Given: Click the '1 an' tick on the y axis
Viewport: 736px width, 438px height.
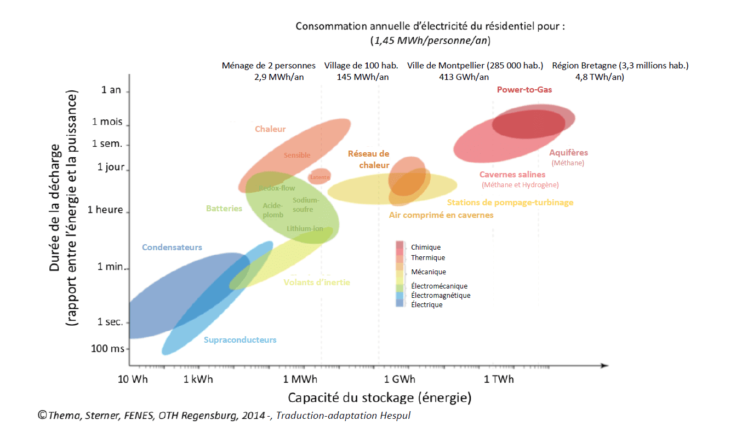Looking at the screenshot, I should point(111,90).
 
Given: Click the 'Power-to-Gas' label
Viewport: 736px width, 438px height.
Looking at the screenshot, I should point(524,90).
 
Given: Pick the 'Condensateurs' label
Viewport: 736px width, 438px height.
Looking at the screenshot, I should point(172,247).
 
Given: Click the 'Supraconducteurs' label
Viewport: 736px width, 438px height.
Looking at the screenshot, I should point(240,340).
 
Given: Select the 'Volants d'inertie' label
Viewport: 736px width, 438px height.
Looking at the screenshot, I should point(316,283).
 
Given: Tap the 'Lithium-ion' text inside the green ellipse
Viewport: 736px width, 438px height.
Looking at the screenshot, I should point(305,228).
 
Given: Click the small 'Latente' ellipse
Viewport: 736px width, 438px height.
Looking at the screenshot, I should point(319,177).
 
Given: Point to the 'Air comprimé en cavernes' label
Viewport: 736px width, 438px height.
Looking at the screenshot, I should point(441,215).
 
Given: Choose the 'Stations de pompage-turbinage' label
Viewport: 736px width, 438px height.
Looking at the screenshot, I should point(510,203).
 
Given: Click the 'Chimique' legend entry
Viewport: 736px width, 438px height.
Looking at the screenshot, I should point(425,247).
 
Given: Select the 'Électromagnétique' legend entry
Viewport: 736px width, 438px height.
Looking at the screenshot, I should point(440,296).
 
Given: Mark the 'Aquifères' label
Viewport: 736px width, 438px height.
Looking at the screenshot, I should point(568,153).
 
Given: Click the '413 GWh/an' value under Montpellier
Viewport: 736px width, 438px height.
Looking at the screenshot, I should point(464,77).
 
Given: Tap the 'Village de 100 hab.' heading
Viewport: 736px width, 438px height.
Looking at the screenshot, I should point(361,66).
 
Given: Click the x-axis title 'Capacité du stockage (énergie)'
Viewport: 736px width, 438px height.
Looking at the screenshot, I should point(380,397).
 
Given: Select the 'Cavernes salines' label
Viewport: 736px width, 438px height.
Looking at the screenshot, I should point(512,175).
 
